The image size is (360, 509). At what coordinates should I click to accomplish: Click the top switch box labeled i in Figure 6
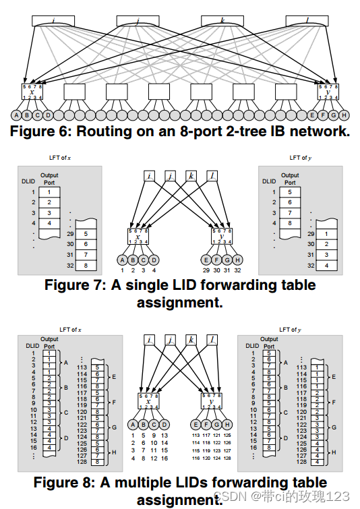(53, 21)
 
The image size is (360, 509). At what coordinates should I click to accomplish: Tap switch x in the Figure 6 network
(32, 92)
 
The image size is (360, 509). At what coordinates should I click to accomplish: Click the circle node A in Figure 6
(16, 115)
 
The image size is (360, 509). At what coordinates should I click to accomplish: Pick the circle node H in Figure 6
(344, 115)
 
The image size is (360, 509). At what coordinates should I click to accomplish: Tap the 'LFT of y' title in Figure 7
(299, 158)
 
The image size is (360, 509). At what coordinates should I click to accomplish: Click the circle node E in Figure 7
(206, 260)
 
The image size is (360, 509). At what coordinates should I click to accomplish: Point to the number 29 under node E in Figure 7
(206, 270)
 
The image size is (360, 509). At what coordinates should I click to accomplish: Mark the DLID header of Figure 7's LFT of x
(28, 181)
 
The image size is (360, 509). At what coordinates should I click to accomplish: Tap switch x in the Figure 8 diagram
(148, 401)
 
